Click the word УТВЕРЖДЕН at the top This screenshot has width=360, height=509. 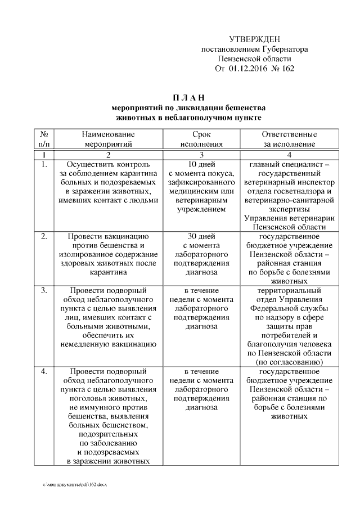pos(254,39)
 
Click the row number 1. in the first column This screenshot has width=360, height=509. pos(43,165)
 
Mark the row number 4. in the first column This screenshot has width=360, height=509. pos(43,372)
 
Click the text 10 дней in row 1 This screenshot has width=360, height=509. pos(201,165)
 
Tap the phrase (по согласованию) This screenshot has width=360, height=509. pos(290,362)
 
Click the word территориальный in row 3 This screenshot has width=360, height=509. pos(290,291)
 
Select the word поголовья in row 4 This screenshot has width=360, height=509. pos(90,398)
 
